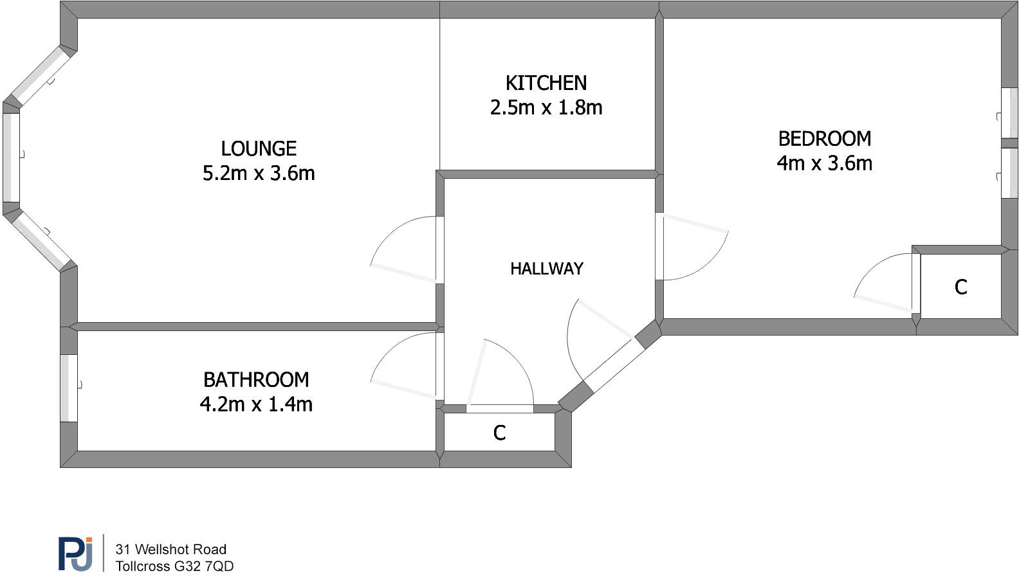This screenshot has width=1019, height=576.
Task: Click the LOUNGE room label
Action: pyautogui.click(x=259, y=148)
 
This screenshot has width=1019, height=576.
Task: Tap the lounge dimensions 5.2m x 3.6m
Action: pyautogui.click(x=259, y=174)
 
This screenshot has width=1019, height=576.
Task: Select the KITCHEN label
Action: pyautogui.click(x=546, y=83)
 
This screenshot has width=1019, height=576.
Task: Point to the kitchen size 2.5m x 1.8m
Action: pyautogui.click(x=546, y=107)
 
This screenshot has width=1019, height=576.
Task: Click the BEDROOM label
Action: pyautogui.click(x=824, y=139)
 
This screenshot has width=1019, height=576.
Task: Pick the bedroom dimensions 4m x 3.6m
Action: pyautogui.click(x=824, y=163)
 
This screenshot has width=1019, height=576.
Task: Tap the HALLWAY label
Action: pyautogui.click(x=546, y=269)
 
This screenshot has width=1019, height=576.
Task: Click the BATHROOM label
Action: pyautogui.click(x=256, y=380)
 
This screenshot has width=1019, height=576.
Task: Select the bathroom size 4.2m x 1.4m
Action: pyautogui.click(x=256, y=404)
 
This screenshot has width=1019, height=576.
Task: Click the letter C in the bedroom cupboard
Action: pyautogui.click(x=960, y=287)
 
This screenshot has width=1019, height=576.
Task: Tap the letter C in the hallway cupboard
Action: pyautogui.click(x=499, y=433)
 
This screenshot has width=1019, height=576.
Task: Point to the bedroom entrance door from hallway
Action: pyautogui.click(x=692, y=248)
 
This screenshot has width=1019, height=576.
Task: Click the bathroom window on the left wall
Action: pyautogui.click(x=69, y=388)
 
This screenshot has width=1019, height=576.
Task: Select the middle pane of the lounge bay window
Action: pyautogui.click(x=11, y=157)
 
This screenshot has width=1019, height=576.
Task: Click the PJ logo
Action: pyautogui.click(x=75, y=553)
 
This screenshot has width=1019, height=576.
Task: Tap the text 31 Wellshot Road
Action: pyautogui.click(x=170, y=549)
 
